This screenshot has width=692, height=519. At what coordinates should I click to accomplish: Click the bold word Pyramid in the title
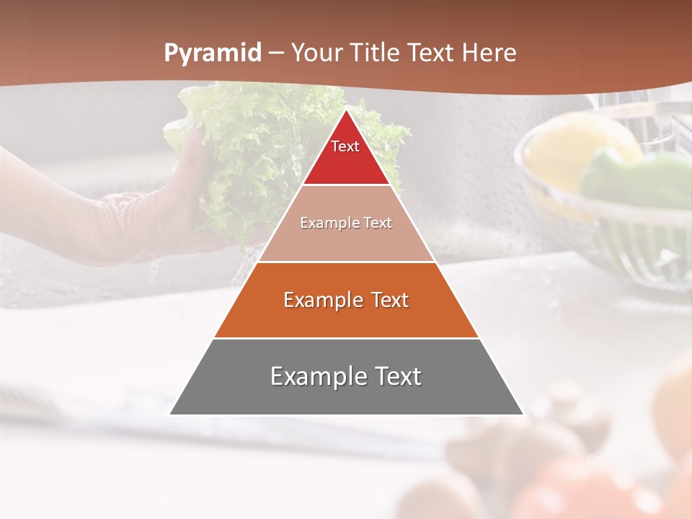[213, 53]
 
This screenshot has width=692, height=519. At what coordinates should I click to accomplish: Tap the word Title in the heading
[375, 53]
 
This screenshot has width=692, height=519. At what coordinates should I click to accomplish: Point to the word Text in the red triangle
[345, 146]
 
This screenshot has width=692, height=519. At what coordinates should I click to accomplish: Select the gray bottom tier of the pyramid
[346, 393]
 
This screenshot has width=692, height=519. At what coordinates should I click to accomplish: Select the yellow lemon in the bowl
[569, 151]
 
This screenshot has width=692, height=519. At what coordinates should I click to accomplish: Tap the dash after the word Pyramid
[276, 53]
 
